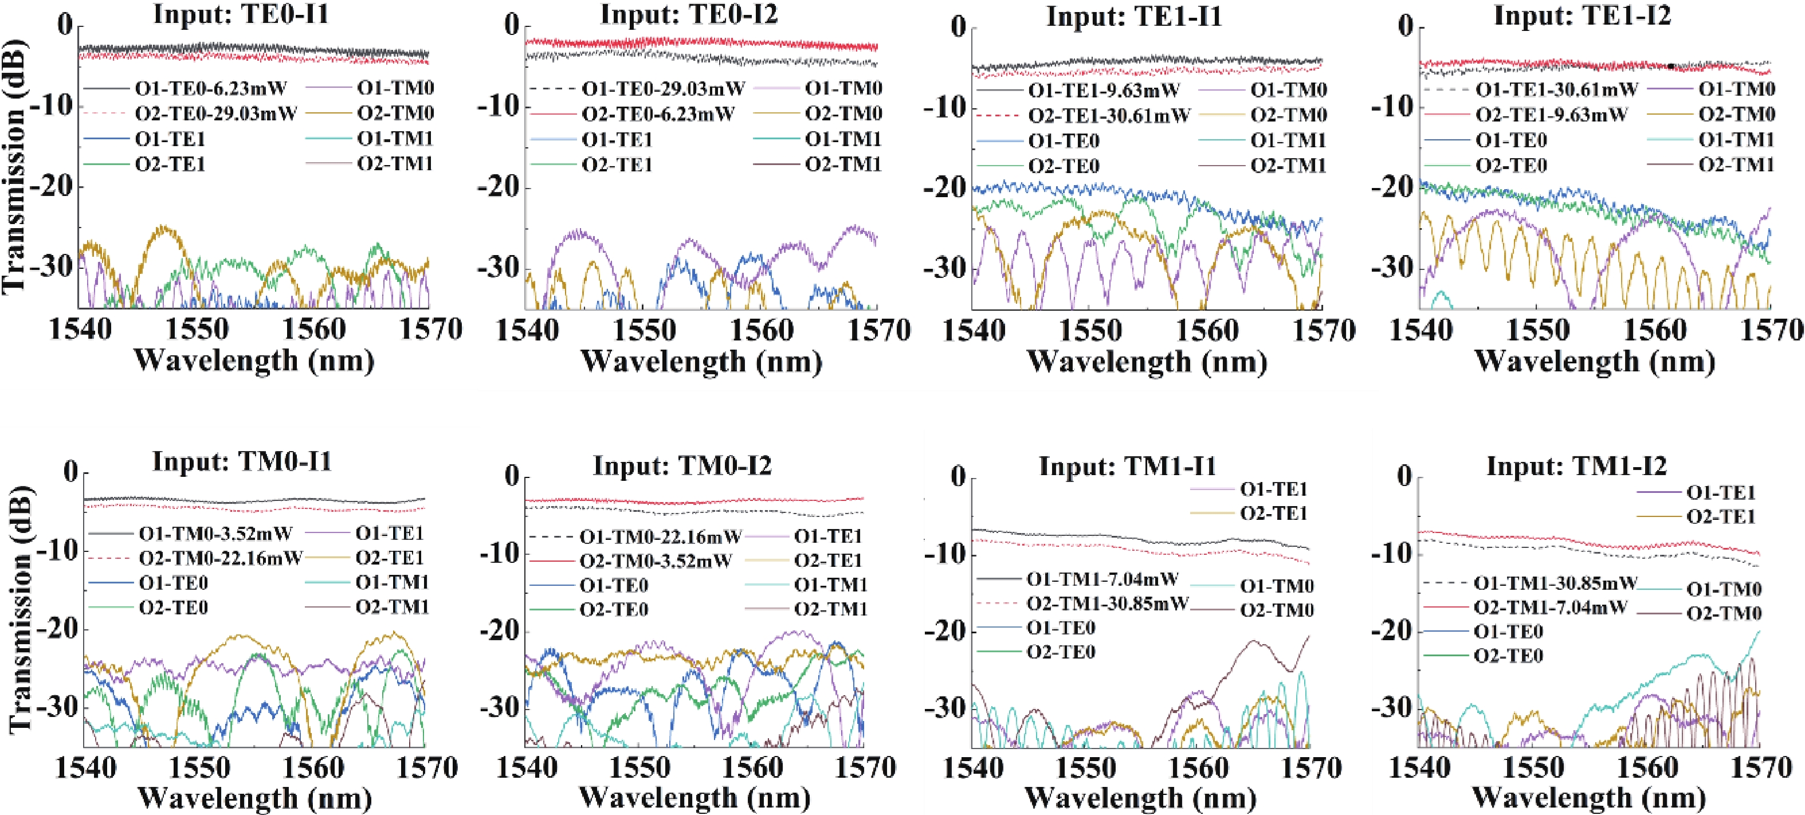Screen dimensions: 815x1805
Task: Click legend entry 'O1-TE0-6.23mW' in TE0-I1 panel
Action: tap(210, 89)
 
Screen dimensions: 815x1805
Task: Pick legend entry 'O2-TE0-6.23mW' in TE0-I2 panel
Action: tap(657, 113)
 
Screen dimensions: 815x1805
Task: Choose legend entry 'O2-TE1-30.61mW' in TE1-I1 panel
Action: tap(1109, 116)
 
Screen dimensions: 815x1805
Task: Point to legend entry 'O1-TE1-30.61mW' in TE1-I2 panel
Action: tap(1556, 91)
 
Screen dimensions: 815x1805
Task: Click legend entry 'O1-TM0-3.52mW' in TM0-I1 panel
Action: tap(215, 534)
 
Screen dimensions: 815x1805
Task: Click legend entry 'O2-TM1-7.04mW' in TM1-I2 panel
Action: tap(1550, 607)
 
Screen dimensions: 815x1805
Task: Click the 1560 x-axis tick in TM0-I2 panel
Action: tap(751, 767)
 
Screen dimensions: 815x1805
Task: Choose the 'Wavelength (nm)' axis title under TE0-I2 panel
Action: tap(701, 362)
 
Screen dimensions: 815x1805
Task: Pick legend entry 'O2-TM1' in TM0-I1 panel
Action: tap(392, 608)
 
